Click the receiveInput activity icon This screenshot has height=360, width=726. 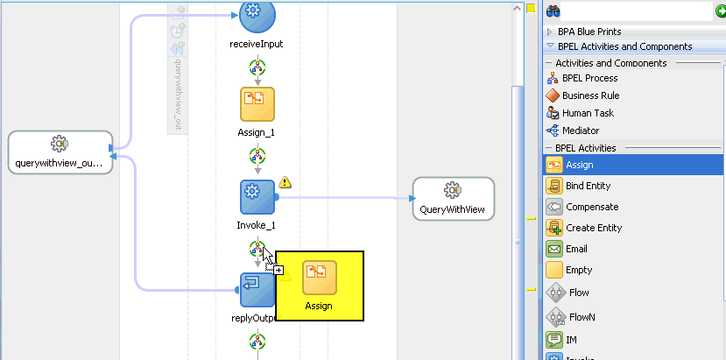coord(257,13)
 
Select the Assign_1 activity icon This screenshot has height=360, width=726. coord(257,104)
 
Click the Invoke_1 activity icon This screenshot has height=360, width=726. coord(257,197)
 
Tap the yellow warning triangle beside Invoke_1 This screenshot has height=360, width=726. coord(285,182)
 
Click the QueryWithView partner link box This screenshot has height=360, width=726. coord(453,198)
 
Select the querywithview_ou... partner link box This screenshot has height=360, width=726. coord(60,152)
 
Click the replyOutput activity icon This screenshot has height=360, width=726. coord(257,289)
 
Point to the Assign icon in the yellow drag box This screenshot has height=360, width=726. coord(319,277)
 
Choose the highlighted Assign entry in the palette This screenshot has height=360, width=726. coord(579,165)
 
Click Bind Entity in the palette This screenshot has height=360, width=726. coord(588,186)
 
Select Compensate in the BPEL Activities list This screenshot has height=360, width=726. coord(591,207)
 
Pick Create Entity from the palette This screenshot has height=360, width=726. coord(593,228)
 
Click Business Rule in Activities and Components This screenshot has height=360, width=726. coord(590,95)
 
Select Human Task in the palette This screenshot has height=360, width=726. coord(588,113)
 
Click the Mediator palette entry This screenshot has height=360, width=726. coord(581,131)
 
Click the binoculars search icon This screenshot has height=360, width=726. coord(553,11)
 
